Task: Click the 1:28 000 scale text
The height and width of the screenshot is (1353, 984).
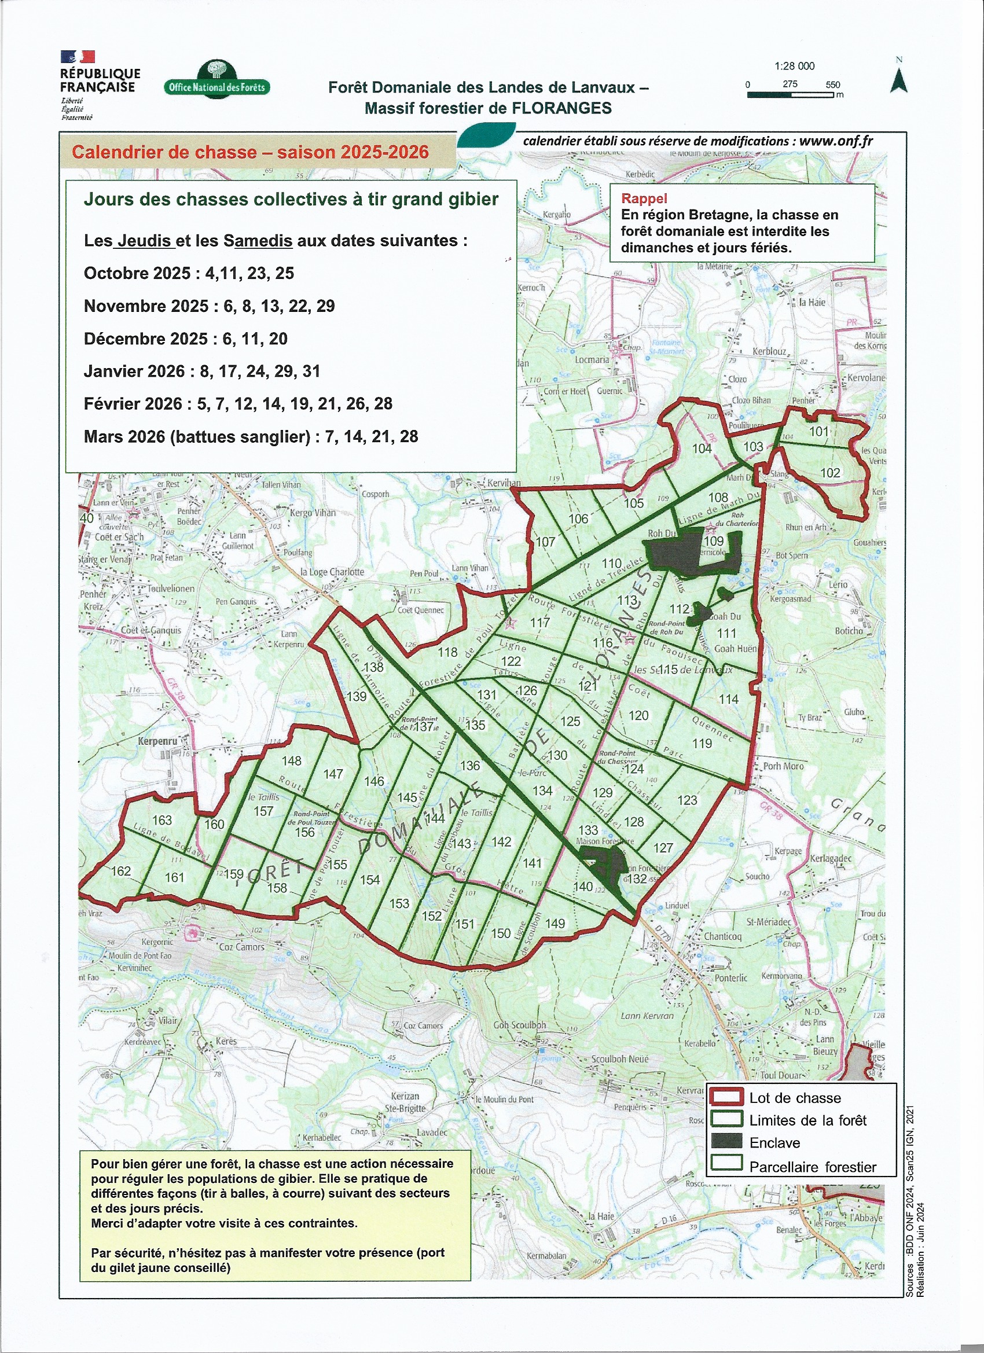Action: [x=794, y=66]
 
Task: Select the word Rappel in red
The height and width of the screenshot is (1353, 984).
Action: [x=644, y=198]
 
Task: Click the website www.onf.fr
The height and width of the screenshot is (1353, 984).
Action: [x=836, y=141]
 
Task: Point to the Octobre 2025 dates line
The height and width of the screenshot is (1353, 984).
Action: [x=189, y=273]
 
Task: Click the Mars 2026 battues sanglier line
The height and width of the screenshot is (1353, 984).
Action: [x=251, y=437]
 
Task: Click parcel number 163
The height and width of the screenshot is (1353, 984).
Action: [x=161, y=820]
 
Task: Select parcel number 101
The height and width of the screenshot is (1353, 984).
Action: [x=818, y=431]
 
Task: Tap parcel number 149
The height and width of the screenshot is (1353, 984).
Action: [x=555, y=924]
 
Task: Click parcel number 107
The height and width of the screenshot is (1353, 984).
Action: [x=545, y=542]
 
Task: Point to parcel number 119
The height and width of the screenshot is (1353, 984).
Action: [x=702, y=743]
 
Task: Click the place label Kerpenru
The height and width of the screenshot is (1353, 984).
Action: [x=157, y=741]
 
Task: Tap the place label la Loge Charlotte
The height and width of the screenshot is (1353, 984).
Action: [x=332, y=572]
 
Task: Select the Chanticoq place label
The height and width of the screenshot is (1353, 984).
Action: [x=722, y=936]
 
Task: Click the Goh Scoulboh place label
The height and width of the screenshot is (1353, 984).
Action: [x=519, y=1025]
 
